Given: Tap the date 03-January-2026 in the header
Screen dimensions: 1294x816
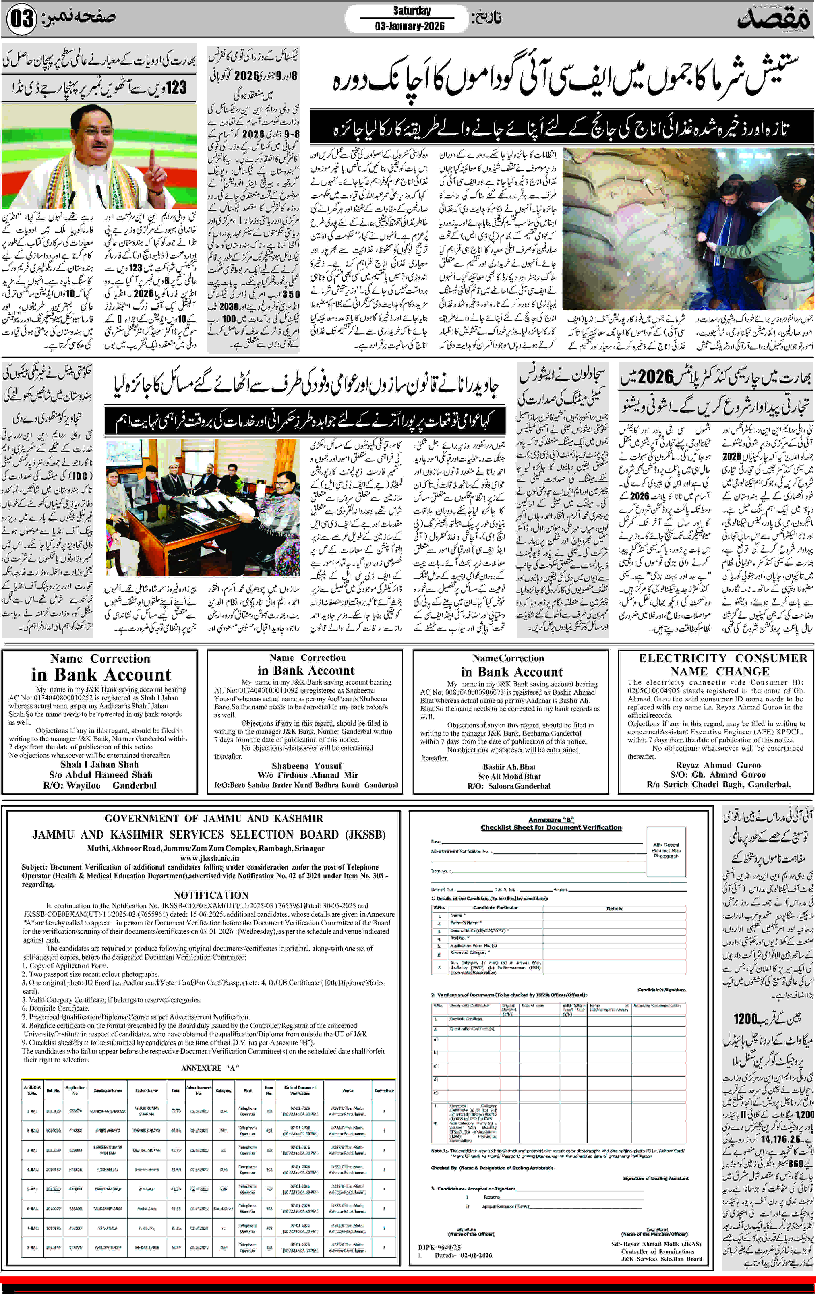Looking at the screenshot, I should tap(410, 26).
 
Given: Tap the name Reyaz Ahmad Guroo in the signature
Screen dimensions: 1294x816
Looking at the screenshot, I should tap(718, 765).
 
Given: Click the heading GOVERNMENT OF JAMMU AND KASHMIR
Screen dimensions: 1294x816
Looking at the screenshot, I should tap(214, 818).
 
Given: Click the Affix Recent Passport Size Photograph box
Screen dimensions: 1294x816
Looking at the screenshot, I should tap(666, 851).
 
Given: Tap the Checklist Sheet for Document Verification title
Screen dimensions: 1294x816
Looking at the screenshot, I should tap(551, 828).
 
